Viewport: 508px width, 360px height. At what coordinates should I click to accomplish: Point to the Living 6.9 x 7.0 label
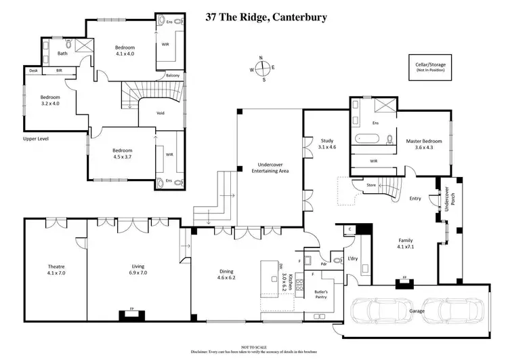click(137, 270)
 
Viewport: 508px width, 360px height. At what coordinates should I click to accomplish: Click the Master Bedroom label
click(423, 144)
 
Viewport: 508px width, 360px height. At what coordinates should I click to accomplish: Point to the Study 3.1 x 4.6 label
click(326, 144)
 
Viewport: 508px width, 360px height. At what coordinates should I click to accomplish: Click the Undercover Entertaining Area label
click(270, 168)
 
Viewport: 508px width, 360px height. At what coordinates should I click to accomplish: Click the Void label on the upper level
click(161, 113)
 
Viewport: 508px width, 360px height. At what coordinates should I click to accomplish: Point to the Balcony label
click(173, 75)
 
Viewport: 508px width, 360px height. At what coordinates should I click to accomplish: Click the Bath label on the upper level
click(62, 53)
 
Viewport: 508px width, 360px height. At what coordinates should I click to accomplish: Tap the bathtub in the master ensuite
click(366, 142)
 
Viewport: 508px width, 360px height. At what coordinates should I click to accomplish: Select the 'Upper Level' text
click(36, 138)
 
